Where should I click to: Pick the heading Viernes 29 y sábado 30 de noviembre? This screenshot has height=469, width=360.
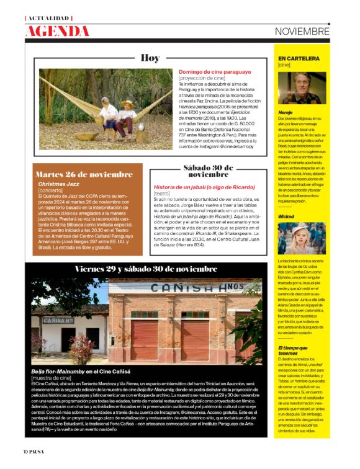[x=146, y=269]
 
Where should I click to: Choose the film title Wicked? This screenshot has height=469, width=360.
[x=286, y=217]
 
